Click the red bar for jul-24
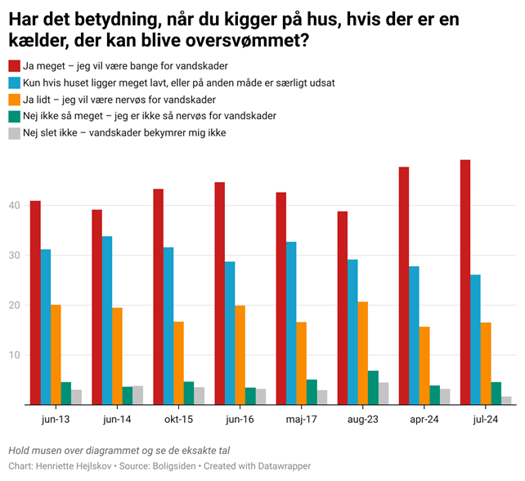coord(464,282)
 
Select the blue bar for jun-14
coord(107,320)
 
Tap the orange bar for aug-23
coord(363,353)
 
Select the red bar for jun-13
coord(35,302)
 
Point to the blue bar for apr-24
coord(414,335)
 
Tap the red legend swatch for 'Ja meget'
coord(15,65)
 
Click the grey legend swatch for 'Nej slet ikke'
coord(15,132)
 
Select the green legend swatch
coord(15,116)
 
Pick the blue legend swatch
coord(15,82)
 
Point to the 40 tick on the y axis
coord(13,206)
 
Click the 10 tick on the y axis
coord(13,355)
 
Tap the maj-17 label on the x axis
coord(301,419)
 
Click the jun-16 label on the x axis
coord(240,419)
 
